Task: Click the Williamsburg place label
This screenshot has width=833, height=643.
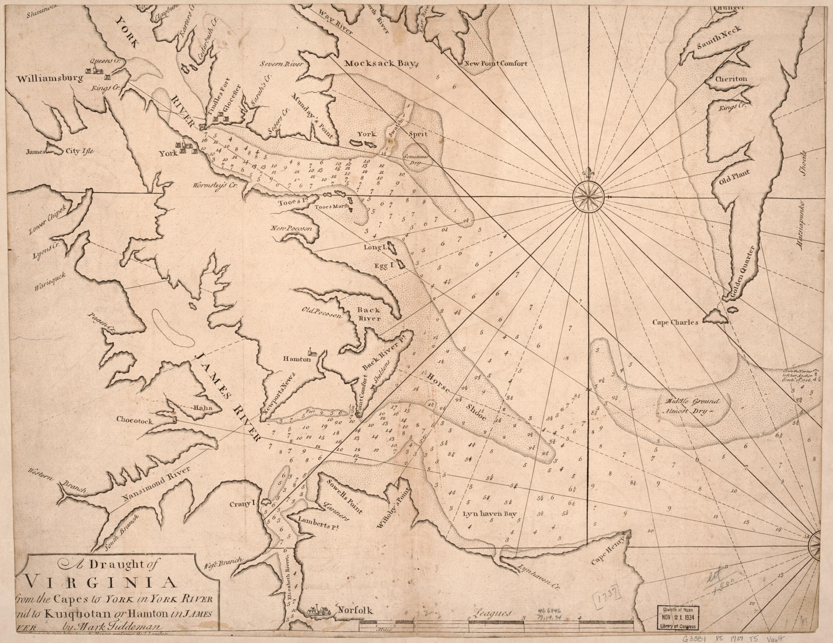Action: [49, 79]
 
